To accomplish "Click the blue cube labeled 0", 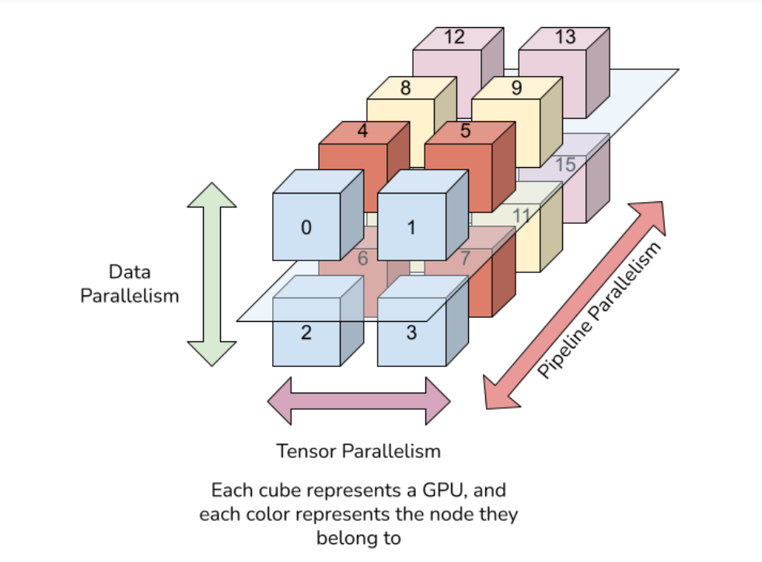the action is coord(318,215).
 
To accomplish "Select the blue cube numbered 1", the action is coord(423,215).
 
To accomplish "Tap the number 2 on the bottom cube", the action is coord(306,333).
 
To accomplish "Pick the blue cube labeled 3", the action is coord(423,320).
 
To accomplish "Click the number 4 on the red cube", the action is coord(362,131).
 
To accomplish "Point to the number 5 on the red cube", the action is coord(466,131).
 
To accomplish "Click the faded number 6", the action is coord(362,258).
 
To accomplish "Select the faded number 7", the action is coord(465,258).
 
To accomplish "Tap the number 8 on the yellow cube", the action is coord(405,88).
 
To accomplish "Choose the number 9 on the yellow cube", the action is coord(516,88).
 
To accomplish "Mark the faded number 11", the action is coord(522,215).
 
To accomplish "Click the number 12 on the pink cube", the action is coord(454,37).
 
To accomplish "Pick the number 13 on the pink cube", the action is coord(565,37).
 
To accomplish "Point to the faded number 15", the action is coord(565,165).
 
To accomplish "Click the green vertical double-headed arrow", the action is coord(211,274).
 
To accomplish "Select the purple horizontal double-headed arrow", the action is coord(358,401).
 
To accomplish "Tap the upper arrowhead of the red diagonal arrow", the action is coord(652,216).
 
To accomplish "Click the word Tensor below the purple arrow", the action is coord(307,452).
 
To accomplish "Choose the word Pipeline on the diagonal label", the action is coord(566,349).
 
